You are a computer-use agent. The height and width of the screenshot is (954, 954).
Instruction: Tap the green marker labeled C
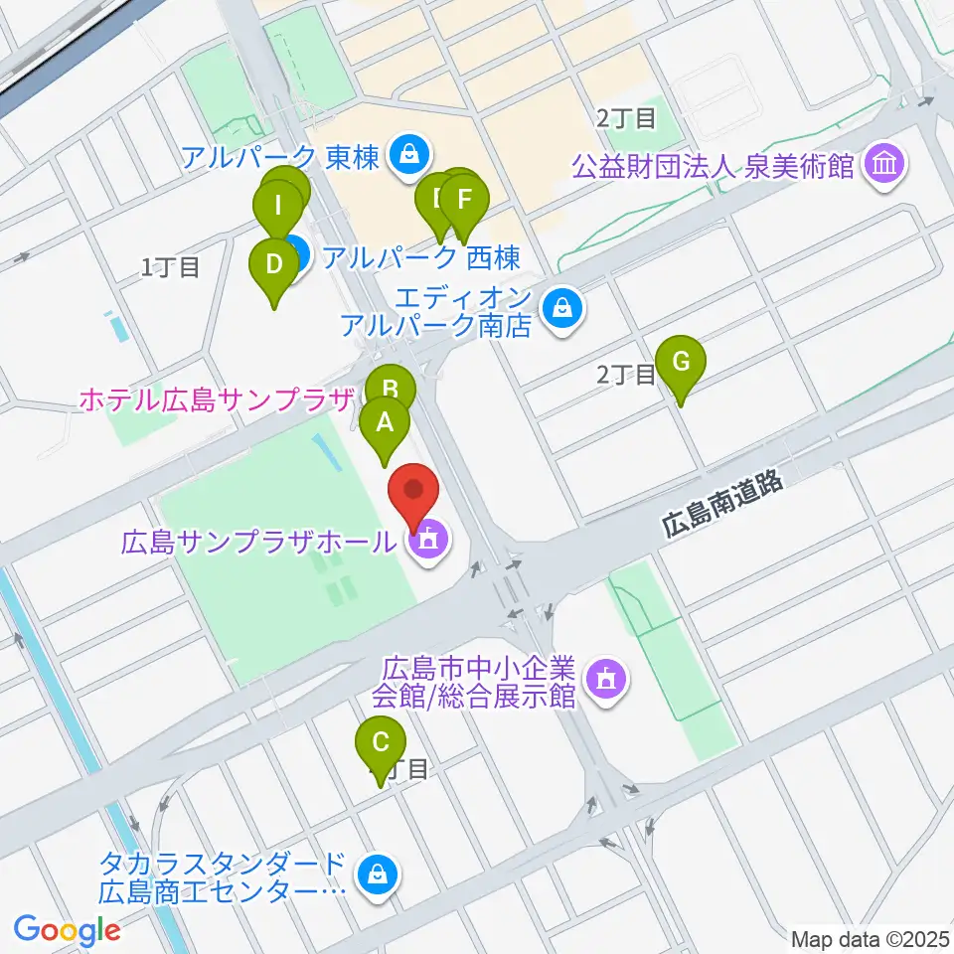381,742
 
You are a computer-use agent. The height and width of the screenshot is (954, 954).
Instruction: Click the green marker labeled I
278,208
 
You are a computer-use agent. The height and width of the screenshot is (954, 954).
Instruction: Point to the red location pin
412,494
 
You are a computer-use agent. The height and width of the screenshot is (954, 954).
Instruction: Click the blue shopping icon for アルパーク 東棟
407,154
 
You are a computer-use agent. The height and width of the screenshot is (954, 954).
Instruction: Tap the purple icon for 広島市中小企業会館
605,680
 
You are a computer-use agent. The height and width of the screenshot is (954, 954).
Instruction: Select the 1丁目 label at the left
171,266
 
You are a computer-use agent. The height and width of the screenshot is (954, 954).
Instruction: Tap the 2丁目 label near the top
626,118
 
